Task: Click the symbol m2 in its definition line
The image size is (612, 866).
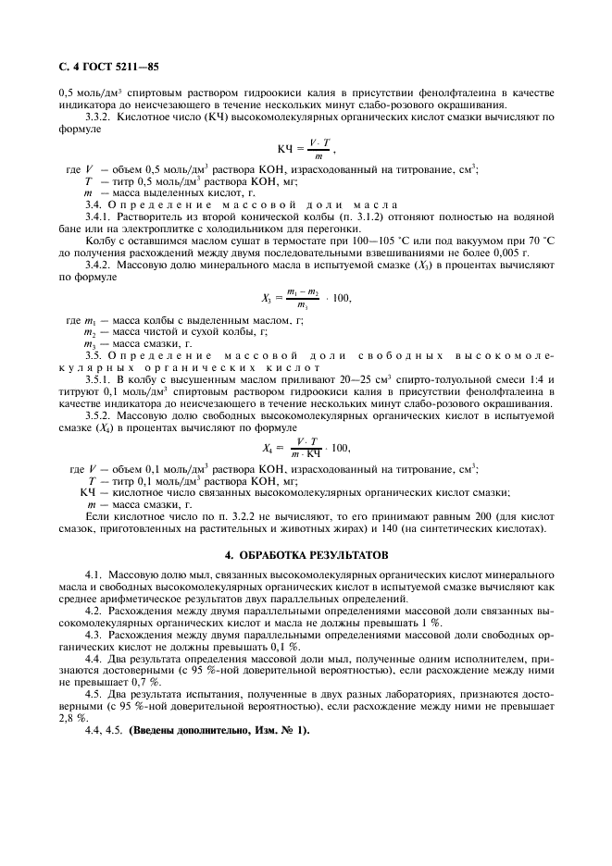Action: click(x=90, y=331)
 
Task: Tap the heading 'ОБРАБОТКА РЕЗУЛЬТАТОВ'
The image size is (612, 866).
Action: click(x=306, y=554)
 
